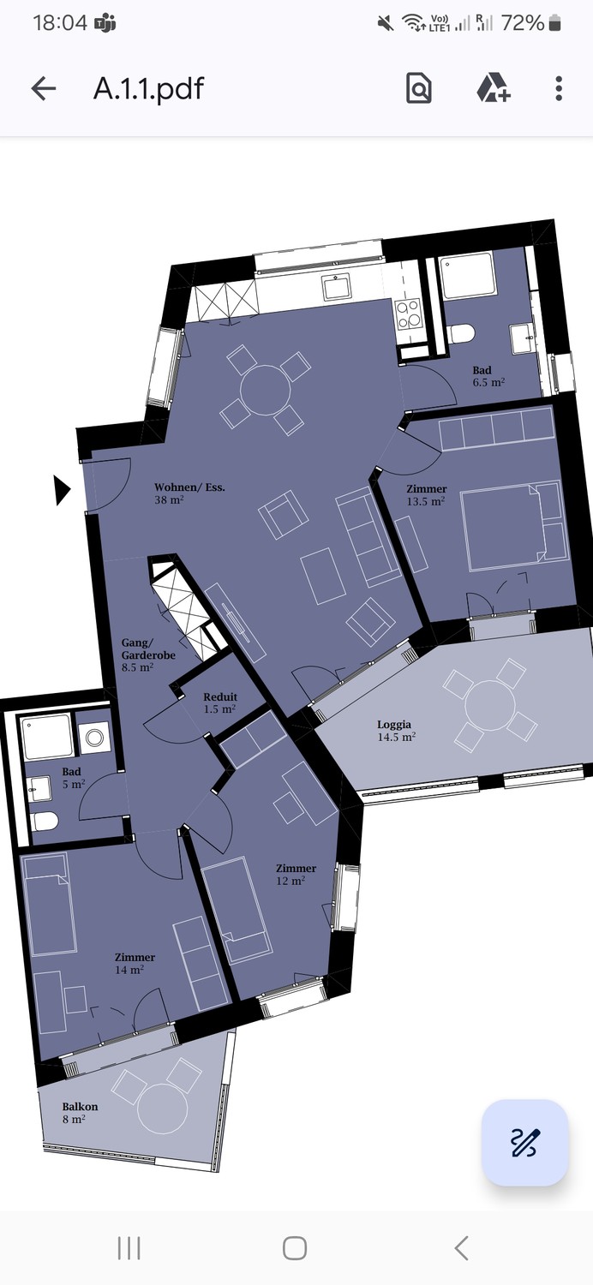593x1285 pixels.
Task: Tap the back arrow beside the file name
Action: click(x=44, y=88)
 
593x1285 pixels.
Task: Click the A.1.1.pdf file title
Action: click(x=149, y=88)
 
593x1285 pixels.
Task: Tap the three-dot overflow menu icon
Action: click(x=559, y=88)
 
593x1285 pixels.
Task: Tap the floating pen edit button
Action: click(x=525, y=1142)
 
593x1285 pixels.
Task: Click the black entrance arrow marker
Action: click(x=62, y=491)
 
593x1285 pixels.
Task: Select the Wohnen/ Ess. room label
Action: click(x=189, y=487)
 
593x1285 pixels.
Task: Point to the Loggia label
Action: click(x=394, y=725)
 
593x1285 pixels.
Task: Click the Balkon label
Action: click(x=80, y=1107)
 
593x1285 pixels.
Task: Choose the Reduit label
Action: click(x=220, y=697)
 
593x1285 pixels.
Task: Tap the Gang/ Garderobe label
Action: click(x=148, y=648)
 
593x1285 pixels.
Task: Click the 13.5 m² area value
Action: click(x=426, y=501)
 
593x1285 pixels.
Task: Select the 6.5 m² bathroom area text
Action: click(x=489, y=382)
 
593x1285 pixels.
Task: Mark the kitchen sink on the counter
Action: click(x=336, y=287)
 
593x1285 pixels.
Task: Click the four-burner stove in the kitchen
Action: click(x=409, y=315)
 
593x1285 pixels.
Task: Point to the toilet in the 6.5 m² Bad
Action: click(x=462, y=333)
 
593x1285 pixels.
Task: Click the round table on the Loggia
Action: click(x=489, y=705)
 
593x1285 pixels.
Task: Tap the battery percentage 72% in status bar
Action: click(x=523, y=23)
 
